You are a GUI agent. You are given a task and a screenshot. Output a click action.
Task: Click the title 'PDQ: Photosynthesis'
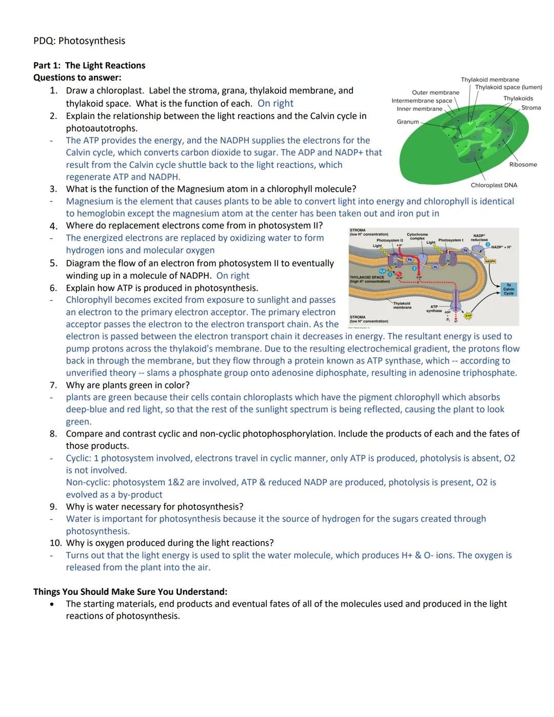(x=79, y=41)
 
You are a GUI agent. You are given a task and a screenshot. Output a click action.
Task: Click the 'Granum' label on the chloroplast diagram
(x=408, y=122)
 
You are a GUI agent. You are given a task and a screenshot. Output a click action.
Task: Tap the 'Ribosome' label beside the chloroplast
(x=523, y=165)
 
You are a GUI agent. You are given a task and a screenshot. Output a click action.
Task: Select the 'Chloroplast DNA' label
(x=493, y=185)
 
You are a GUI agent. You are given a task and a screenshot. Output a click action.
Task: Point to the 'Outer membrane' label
(x=436, y=93)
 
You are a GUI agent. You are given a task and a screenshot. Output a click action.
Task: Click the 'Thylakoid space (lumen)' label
(x=508, y=87)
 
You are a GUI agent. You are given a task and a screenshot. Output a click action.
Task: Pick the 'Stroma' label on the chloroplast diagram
(x=531, y=108)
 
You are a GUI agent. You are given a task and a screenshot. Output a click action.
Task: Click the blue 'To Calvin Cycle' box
(x=508, y=289)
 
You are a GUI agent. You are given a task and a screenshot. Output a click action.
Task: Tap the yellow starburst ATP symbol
(x=467, y=316)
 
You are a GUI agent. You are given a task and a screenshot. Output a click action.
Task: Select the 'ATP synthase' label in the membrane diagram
(x=434, y=308)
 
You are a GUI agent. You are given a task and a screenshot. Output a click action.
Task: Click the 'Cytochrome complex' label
(x=417, y=237)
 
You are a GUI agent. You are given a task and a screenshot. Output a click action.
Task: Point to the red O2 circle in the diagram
(x=399, y=274)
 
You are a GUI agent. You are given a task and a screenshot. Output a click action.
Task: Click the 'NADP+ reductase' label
(x=480, y=238)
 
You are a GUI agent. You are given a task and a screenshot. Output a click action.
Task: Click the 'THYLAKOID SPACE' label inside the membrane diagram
(x=367, y=277)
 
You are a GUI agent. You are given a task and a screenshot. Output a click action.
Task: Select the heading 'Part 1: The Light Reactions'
(x=89, y=65)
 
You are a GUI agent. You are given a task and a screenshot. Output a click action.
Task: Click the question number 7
(x=53, y=385)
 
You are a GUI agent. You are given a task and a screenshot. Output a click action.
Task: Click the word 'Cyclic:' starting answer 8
(x=78, y=458)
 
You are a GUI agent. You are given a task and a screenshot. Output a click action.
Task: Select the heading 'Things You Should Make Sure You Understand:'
(x=130, y=591)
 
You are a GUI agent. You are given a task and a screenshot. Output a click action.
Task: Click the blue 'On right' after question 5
(x=232, y=276)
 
